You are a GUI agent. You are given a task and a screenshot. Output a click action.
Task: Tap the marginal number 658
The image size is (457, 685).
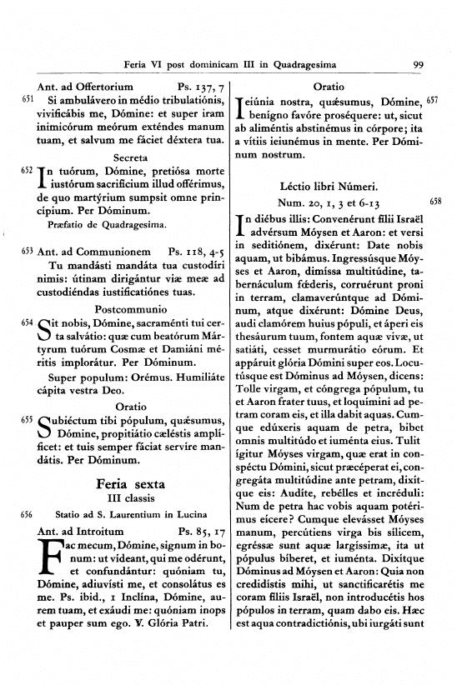[434, 201]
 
